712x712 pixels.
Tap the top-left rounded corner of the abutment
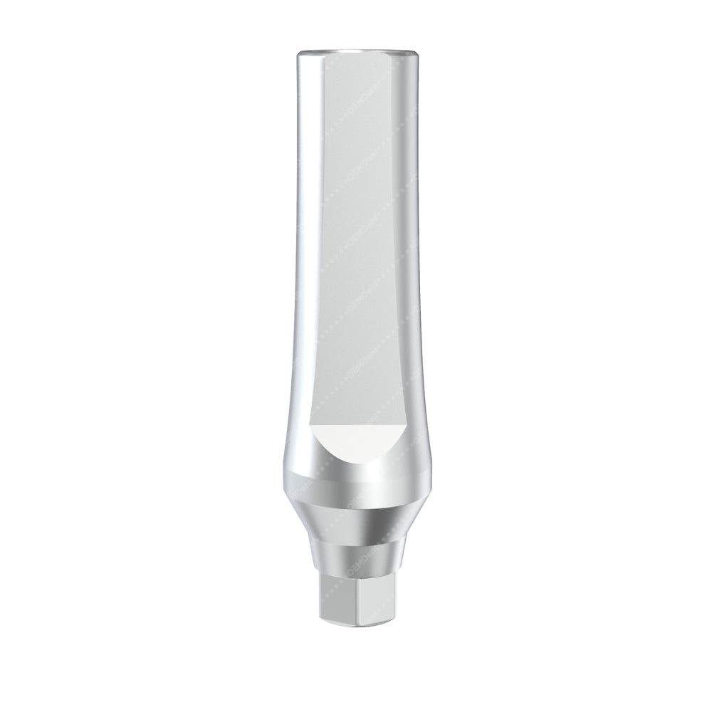(299, 57)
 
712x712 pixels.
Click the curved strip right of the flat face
(405, 235)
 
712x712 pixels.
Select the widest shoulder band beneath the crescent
(356, 484)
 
